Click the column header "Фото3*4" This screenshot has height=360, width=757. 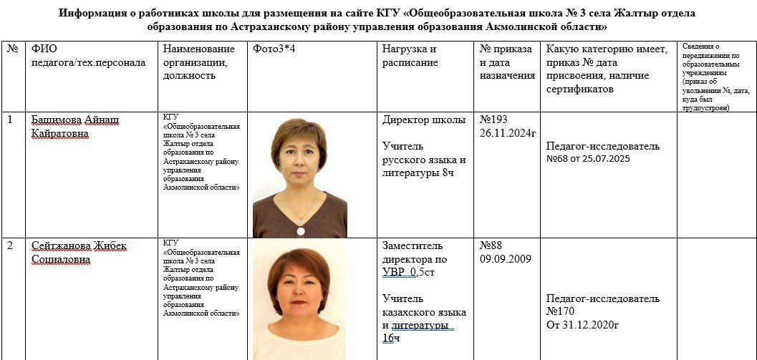click(x=272, y=49)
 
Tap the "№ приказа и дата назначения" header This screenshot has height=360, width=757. click(x=507, y=62)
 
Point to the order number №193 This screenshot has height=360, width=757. click(x=495, y=120)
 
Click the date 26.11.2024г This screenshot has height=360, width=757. click(x=508, y=132)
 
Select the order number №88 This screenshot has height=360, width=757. click(x=492, y=246)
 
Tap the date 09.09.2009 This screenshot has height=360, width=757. click(x=505, y=259)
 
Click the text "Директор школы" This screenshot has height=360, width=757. click(x=424, y=120)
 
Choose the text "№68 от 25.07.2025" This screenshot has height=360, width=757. click(x=588, y=158)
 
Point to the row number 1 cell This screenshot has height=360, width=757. click(x=10, y=120)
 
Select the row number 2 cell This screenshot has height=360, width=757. click(x=10, y=246)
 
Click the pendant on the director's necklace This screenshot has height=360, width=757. click(x=300, y=230)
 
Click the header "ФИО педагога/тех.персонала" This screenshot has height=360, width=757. click(x=88, y=55)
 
